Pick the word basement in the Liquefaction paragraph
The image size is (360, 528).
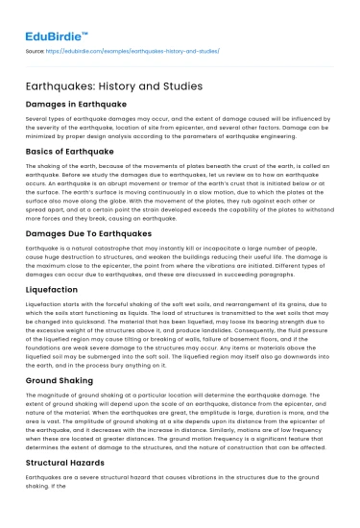252,348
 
